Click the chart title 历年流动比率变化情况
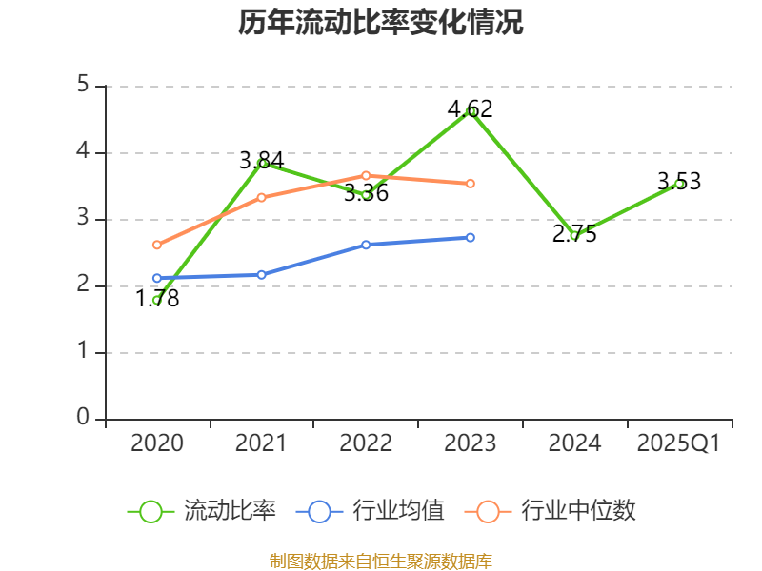[381, 23]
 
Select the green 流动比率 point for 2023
[471, 111]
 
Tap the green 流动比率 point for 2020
[157, 301]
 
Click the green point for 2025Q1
[679, 184]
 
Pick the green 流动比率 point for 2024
[574, 235]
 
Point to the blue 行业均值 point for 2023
[471, 237]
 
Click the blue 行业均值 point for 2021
[261, 274]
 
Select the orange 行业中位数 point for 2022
[366, 175]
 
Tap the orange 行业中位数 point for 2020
[157, 245]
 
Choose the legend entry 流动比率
[202, 511]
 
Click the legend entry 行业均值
[371, 511]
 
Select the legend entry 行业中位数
[550, 511]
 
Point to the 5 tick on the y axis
[83, 86]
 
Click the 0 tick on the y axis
[83, 419]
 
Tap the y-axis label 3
[83, 219]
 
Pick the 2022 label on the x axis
[366, 443]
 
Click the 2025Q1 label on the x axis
[679, 443]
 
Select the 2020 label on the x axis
[157, 443]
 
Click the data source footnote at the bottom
[381, 561]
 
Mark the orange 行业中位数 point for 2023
[471, 183]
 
